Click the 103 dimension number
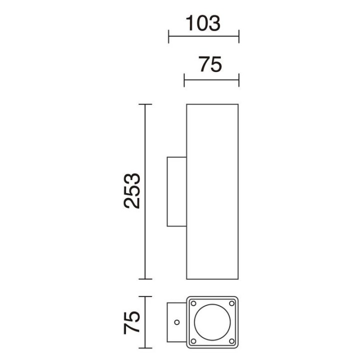pos(203,23)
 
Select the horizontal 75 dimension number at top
pos(210,64)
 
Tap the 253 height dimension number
pos(132,191)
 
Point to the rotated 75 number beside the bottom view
pos(132,322)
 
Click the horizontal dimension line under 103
pos(204,36)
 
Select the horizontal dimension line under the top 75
pos(211,80)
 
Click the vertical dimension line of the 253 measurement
pos(145,191)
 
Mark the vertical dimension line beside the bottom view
pos(145,322)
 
